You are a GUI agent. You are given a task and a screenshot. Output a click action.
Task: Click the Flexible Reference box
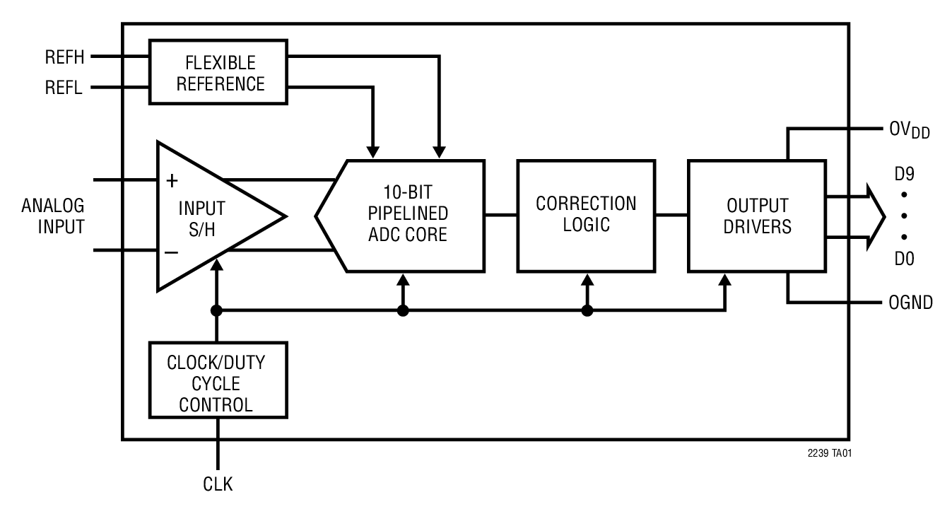click(x=220, y=72)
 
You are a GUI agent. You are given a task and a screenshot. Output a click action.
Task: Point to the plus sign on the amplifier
click(x=171, y=181)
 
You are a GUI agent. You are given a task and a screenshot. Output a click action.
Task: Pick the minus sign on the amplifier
click(x=171, y=252)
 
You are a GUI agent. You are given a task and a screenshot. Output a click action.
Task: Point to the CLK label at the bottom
click(x=218, y=484)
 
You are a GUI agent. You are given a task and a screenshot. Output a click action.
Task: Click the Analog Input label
click(x=53, y=216)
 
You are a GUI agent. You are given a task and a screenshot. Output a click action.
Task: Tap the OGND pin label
click(x=910, y=303)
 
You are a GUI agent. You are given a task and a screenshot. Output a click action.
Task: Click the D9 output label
click(x=904, y=172)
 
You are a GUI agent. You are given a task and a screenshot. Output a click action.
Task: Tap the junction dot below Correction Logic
click(x=587, y=310)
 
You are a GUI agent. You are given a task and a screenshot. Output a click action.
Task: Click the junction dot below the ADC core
click(x=403, y=310)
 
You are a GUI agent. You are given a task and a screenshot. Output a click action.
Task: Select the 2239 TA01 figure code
click(x=829, y=452)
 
